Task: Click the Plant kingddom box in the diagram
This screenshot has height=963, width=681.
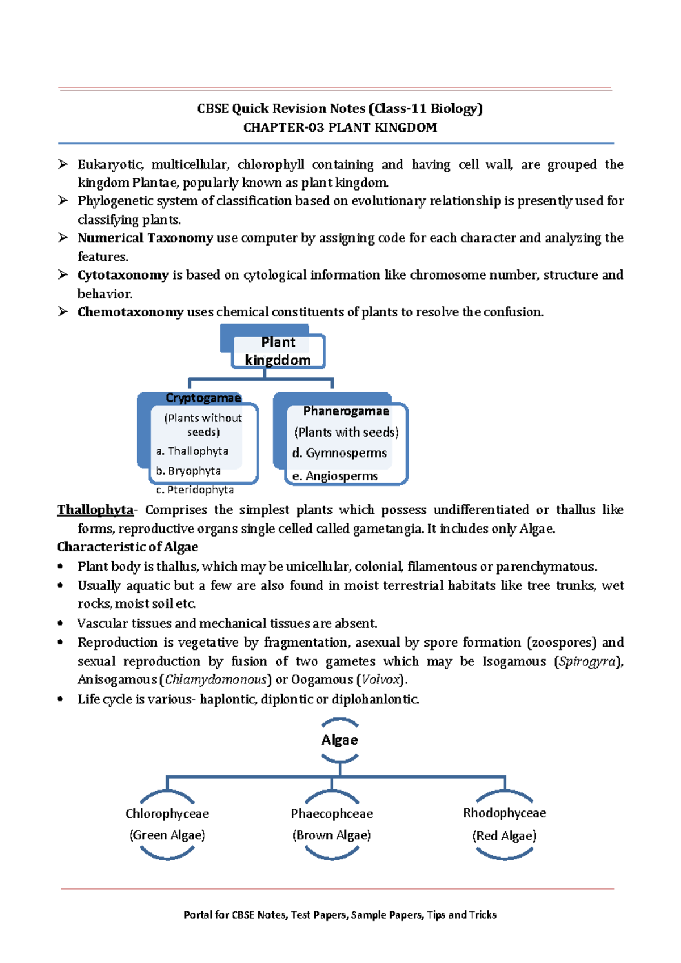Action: pyautogui.click(x=278, y=351)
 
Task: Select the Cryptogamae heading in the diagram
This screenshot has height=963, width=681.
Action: pyautogui.click(x=203, y=398)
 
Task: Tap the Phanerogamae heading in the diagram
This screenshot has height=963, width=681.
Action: pyautogui.click(x=346, y=411)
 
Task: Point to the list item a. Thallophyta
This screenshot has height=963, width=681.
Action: pyautogui.click(x=192, y=451)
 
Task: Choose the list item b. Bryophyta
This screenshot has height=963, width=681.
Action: pyautogui.click(x=188, y=471)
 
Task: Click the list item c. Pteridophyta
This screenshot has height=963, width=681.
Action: pyautogui.click(x=195, y=490)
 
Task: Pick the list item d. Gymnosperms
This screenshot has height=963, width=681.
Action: pyautogui.click(x=339, y=453)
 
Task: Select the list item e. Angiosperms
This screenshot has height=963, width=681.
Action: pyautogui.click(x=335, y=476)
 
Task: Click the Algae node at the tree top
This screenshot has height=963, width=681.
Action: pyautogui.click(x=339, y=740)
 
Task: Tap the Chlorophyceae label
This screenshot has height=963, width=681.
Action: pyautogui.click(x=167, y=814)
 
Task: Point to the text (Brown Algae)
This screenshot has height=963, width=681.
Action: pyautogui.click(x=331, y=835)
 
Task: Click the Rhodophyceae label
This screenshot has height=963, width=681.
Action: pyautogui.click(x=505, y=813)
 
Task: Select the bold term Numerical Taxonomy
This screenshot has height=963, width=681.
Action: pyautogui.click(x=145, y=238)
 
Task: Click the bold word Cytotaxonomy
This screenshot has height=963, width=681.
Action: pyautogui.click(x=123, y=275)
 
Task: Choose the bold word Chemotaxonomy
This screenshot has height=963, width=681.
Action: pyautogui.click(x=131, y=312)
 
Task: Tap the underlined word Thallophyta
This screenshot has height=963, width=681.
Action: pyautogui.click(x=95, y=510)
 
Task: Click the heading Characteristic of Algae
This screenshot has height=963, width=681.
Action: pyautogui.click(x=128, y=547)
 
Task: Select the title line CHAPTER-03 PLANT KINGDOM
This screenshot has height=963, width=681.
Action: pyautogui.click(x=340, y=128)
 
